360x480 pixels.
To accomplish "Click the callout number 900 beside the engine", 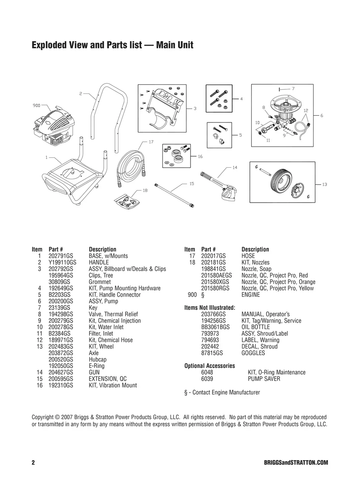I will coord(37,105).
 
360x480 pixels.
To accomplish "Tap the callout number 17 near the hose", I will coord(151,141).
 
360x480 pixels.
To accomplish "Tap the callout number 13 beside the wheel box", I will coord(325,184).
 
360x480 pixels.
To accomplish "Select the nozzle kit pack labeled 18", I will coord(127,201).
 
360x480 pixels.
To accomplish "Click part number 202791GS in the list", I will coord(61,256).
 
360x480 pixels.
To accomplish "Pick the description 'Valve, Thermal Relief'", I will coord(113,314).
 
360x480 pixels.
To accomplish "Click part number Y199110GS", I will coord(62,262).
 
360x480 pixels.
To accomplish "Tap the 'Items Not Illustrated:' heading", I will coord(210,308).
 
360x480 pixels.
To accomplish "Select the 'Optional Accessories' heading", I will coord(209,366).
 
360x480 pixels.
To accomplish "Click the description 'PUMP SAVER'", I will coord(264,379).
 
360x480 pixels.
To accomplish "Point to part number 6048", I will coord(207,372).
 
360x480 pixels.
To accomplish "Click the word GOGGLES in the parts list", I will coord(253,353).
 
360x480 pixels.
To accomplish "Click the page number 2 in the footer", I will coord(33,463).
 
